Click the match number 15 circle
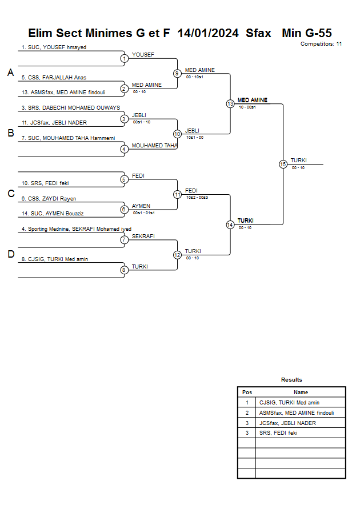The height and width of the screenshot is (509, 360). (x=283, y=164)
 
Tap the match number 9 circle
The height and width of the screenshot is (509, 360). (x=177, y=73)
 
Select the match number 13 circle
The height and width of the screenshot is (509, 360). (x=230, y=104)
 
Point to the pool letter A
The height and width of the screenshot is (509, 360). (x=10, y=73)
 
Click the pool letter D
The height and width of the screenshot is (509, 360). (x=10, y=255)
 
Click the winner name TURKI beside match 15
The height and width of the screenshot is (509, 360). (x=298, y=161)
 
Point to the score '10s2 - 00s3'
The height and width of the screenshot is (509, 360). (x=197, y=197)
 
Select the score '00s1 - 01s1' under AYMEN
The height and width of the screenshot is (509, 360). (x=143, y=213)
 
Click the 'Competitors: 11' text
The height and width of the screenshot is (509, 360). (x=321, y=43)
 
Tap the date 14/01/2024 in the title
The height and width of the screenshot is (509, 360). (x=208, y=33)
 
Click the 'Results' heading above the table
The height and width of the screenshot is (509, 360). (x=291, y=379)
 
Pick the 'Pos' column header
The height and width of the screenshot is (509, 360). (x=247, y=392)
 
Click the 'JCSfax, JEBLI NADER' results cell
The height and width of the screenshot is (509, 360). (x=287, y=423)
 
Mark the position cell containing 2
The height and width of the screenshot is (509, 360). (x=247, y=413)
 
